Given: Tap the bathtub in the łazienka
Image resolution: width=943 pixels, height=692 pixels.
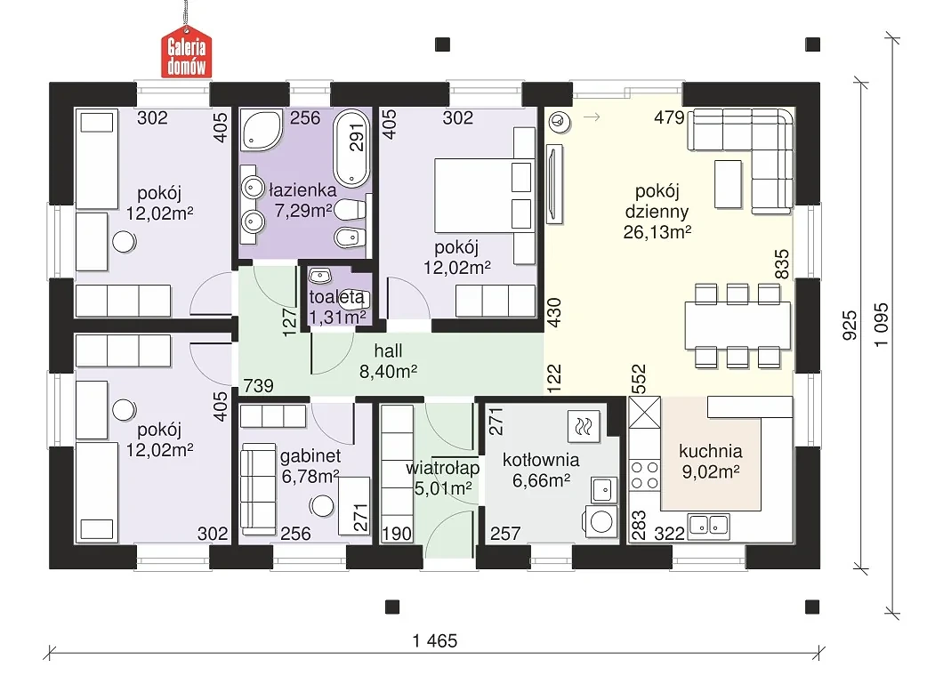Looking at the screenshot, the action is [351, 147].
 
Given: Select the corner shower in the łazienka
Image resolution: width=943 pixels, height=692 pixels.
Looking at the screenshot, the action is [262, 129].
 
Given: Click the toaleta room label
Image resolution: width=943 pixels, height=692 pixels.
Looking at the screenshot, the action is [337, 297].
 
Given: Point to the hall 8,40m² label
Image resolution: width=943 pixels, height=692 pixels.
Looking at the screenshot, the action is [389, 361].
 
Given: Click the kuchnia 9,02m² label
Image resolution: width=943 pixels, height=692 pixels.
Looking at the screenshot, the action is [711, 461].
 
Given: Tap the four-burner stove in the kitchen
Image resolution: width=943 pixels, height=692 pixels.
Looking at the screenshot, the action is [644, 475].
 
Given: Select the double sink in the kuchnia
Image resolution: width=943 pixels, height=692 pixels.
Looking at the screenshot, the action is [709, 525].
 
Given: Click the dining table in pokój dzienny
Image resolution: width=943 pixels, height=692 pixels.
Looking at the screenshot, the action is [737, 326].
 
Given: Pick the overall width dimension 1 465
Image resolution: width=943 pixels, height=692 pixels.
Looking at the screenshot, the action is [435, 641].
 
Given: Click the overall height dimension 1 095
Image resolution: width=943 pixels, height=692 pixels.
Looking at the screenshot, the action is [881, 325].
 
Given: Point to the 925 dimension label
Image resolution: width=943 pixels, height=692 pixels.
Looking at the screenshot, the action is [850, 326].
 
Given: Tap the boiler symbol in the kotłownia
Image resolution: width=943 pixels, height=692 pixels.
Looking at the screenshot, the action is [584, 427].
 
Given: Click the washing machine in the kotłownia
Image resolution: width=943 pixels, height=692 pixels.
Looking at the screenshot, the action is [600, 520].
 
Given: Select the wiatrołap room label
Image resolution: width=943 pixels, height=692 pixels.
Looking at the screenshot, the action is [443, 468].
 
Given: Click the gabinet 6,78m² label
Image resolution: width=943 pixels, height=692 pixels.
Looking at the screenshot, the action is [310, 466].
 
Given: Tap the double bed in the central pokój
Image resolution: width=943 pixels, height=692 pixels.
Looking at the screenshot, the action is [484, 196].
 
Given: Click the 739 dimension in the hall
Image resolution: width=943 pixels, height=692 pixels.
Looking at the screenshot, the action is [259, 385].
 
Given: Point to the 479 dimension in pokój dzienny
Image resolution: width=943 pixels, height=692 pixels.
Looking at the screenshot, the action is [669, 117].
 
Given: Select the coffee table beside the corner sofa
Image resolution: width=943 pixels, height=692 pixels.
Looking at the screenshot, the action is [728, 184].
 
